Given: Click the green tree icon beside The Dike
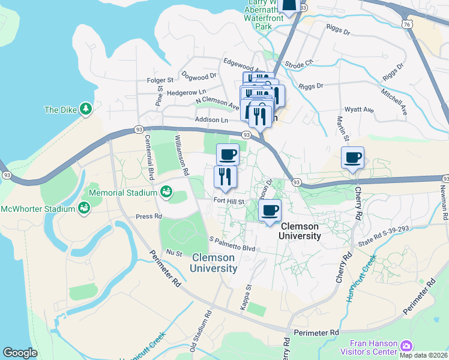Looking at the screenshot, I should point(86,109).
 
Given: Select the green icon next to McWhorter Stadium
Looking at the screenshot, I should point(84,208).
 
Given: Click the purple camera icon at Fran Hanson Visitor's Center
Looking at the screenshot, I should point(406,346).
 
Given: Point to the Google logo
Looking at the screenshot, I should point(20,353).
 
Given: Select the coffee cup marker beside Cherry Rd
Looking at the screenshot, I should point(352,158).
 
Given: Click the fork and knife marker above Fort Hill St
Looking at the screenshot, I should point(225,177).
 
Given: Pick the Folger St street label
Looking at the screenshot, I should point(160,80).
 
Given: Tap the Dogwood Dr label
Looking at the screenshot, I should point(198,77).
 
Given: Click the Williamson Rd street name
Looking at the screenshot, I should point(181,155).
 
